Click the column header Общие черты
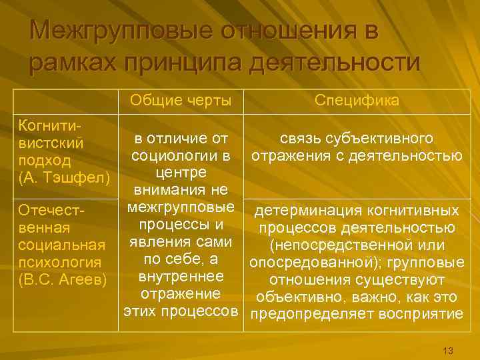[x=181, y=101]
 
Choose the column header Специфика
[x=357, y=101]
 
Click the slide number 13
[x=447, y=351]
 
